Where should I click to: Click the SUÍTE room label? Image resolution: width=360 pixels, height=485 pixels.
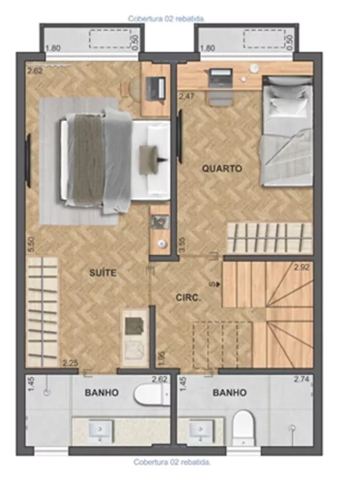(103, 273)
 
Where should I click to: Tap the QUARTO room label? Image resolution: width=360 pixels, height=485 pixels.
(222, 169)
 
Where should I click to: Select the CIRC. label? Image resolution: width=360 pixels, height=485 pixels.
(189, 297)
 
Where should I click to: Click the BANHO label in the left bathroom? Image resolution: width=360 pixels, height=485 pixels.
(101, 393)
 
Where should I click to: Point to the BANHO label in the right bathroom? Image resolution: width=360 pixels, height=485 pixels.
(229, 393)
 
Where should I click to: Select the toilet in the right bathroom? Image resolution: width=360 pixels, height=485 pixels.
(243, 426)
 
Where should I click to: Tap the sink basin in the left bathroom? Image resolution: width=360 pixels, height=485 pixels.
(100, 430)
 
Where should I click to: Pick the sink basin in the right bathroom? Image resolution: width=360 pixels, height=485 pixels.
(200, 430)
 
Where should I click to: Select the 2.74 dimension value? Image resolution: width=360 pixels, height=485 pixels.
(301, 380)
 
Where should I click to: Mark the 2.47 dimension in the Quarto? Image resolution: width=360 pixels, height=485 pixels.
(187, 96)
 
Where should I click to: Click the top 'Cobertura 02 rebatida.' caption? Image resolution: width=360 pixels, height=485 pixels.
(166, 18)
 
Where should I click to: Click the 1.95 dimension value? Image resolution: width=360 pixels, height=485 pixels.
(161, 357)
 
